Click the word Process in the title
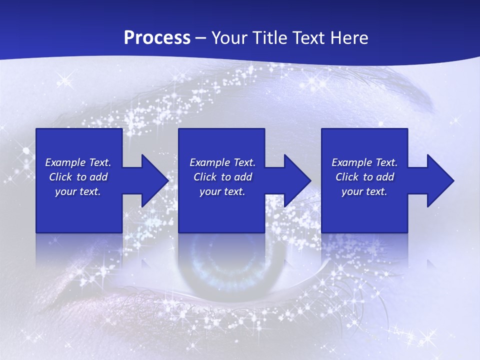(157, 38)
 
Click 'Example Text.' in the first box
(78, 162)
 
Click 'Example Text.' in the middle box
(222, 162)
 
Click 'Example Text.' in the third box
(364, 162)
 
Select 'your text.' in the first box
(78, 191)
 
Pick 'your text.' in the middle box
(222, 191)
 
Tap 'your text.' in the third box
(364, 191)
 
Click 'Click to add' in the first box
(78, 177)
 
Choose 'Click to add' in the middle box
(222, 177)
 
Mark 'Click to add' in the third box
(364, 177)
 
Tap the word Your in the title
(228, 38)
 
